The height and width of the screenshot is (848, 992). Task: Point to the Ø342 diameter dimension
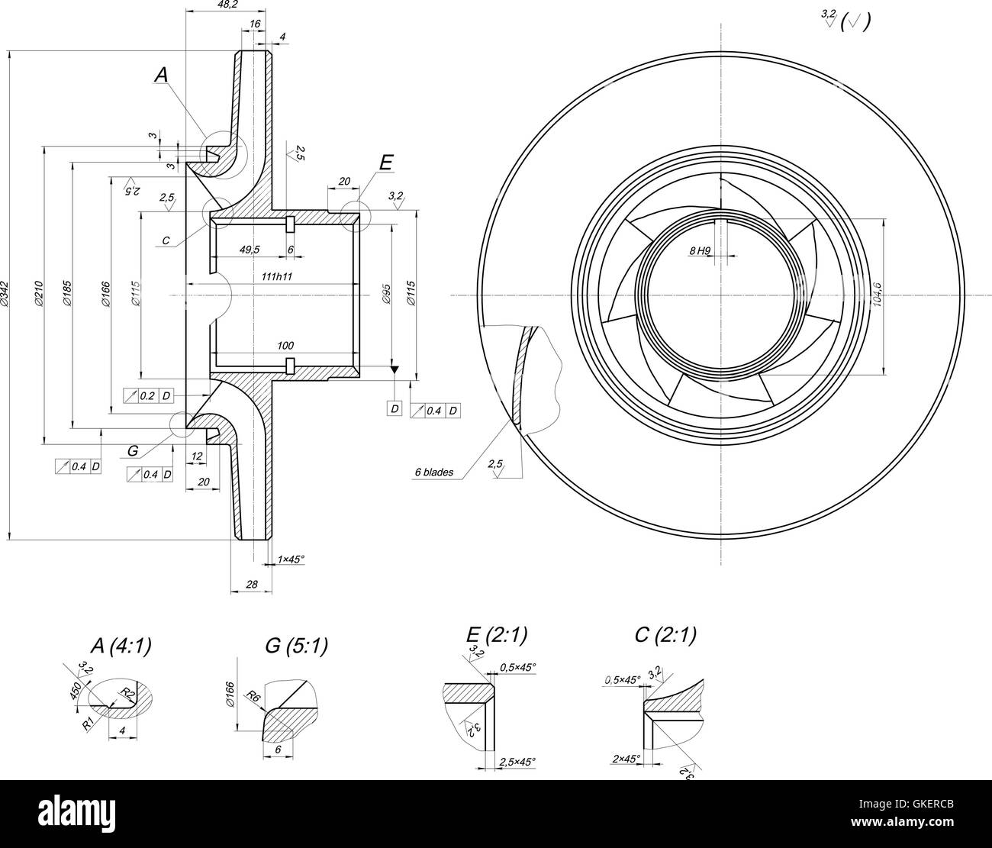coord(5,295)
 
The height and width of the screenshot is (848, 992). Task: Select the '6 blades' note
coord(433,472)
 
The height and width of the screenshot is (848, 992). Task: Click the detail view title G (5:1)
coord(296,646)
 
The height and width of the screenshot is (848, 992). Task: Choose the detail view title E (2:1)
coord(497,635)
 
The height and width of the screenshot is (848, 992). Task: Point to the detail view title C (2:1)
coord(665,635)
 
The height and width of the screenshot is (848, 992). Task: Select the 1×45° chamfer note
coord(291,559)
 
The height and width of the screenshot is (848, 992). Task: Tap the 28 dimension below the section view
coord(252,585)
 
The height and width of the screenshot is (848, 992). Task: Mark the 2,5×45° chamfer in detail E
coord(517,762)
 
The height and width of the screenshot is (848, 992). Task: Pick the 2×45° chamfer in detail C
coord(625,759)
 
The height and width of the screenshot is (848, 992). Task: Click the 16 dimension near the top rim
coord(255,24)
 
